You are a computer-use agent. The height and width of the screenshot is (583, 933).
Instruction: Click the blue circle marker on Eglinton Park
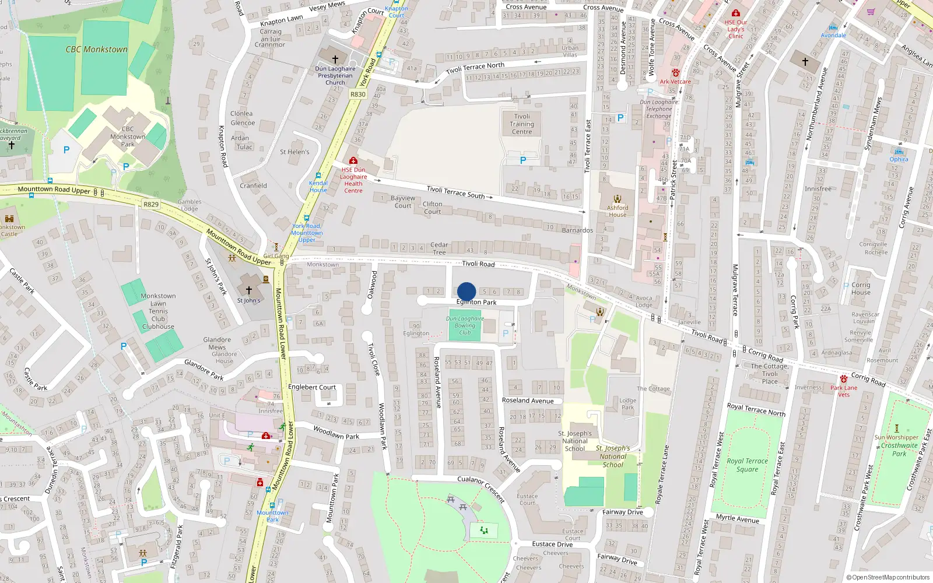tap(466, 291)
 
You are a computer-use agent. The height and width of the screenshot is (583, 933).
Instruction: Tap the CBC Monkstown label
tap(97, 50)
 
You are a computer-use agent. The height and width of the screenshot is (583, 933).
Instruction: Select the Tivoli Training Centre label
tap(522, 124)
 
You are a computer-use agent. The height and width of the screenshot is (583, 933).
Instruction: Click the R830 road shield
tap(358, 94)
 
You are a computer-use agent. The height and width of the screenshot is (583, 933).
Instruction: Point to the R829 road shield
tap(151, 204)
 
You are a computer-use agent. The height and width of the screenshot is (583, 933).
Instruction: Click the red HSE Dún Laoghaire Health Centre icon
tap(353, 160)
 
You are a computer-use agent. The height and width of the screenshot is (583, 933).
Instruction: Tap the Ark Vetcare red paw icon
tap(675, 73)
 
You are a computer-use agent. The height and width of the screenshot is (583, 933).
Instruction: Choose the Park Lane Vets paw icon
tap(844, 379)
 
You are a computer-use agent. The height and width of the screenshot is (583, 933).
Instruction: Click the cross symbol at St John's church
tap(249, 290)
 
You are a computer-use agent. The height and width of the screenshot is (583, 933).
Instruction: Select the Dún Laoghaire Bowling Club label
tap(465, 325)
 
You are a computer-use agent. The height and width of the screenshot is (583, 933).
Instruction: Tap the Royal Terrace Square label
tap(747, 465)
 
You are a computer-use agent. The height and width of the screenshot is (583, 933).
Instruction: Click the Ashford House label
tap(618, 211)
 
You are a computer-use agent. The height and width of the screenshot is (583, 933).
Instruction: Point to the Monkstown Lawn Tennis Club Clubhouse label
tap(158, 311)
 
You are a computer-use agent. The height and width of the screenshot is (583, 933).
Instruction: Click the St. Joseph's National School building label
tap(575, 441)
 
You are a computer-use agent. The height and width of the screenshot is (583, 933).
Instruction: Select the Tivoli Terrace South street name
tap(456, 192)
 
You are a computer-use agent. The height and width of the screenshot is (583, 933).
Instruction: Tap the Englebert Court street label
tap(312, 387)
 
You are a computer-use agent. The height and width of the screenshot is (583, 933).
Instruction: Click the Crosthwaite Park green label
tap(899, 449)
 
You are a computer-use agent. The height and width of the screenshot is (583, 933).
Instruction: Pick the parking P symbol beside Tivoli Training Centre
tap(522, 160)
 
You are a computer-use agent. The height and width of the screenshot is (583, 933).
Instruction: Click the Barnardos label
tap(577, 230)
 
